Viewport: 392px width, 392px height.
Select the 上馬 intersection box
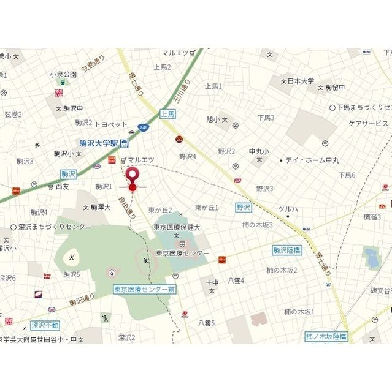point(167,113)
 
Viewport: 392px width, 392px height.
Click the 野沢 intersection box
point(244,208)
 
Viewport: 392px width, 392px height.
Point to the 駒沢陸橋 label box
point(287,250)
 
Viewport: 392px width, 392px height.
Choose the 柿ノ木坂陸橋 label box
point(326,336)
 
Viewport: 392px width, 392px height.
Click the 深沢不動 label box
point(45,325)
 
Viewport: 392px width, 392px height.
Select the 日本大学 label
point(301,81)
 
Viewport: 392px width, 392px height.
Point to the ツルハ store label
point(288,209)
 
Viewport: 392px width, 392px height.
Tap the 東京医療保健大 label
point(177,226)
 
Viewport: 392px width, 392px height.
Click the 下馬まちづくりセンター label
point(363,107)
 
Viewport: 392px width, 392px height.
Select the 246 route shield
point(143,127)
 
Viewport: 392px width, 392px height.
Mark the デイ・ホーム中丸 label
point(313,160)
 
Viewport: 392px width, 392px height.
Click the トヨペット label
point(110,123)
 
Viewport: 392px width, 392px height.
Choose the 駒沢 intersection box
point(69,173)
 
